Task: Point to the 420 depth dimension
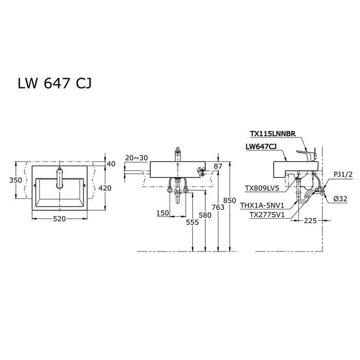pos(105,188)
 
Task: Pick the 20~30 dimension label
pos(136,158)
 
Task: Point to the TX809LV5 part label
pos(262,189)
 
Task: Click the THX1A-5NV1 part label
pos(262,206)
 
